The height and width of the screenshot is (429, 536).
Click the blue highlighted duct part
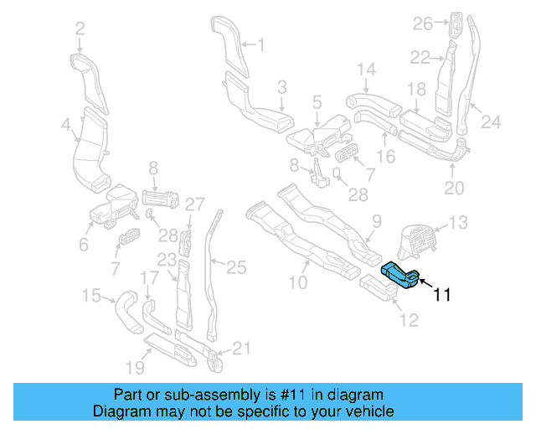click(399, 275)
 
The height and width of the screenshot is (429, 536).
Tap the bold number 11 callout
click(442, 294)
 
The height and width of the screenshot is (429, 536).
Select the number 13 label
click(459, 223)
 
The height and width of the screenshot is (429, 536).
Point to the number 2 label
click(80, 29)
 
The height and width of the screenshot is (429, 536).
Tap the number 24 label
click(491, 121)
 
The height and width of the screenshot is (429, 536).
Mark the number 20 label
click(453, 188)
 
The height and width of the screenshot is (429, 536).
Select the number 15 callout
click(90, 295)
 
